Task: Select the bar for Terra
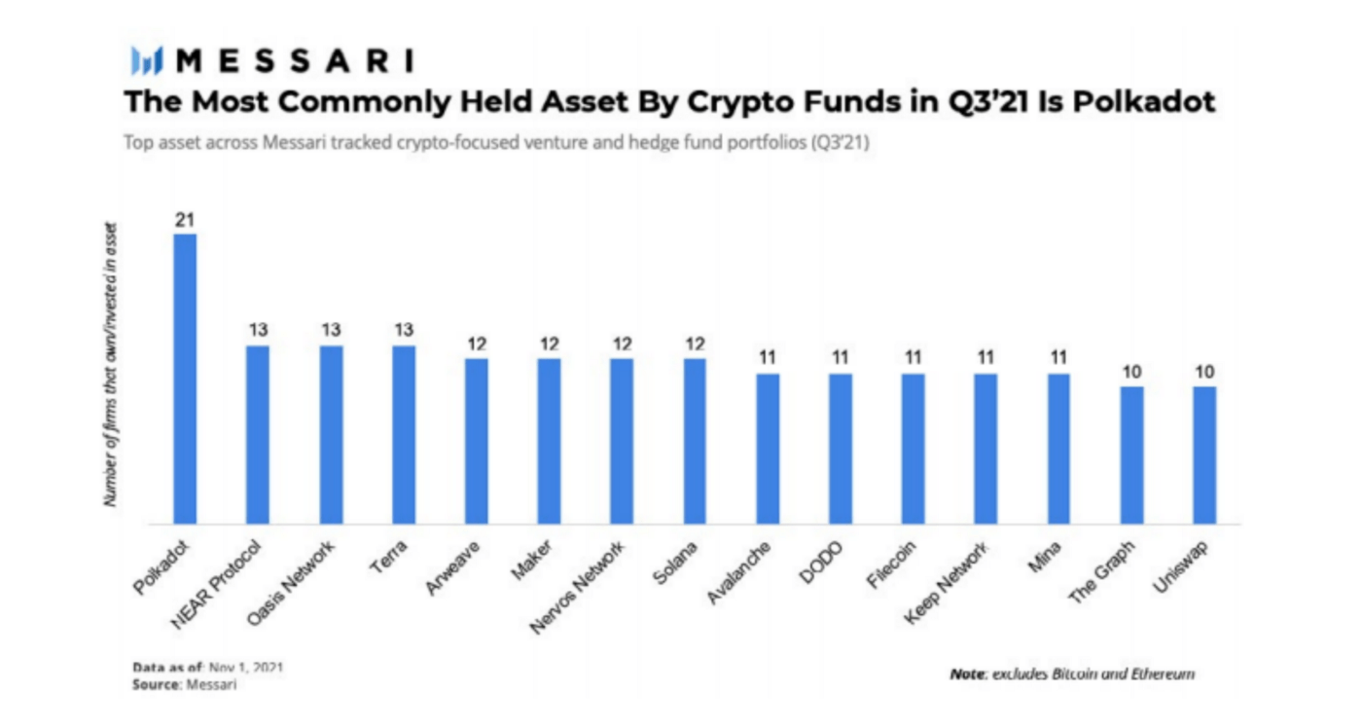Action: pyautogui.click(x=404, y=434)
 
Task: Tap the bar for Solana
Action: pyautogui.click(x=695, y=440)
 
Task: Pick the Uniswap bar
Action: pyautogui.click(x=1204, y=455)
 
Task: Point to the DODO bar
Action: pyautogui.click(x=841, y=448)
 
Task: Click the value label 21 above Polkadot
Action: pyautogui.click(x=185, y=220)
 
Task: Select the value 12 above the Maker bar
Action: pyautogui.click(x=550, y=344)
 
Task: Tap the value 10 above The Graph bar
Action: pyautogui.click(x=1131, y=372)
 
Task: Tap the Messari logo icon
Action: pyautogui.click(x=146, y=61)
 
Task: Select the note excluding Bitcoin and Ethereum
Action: pyautogui.click(x=1071, y=673)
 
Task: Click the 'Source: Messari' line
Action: pyautogui.click(x=185, y=685)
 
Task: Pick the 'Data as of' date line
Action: pyautogui.click(x=208, y=669)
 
